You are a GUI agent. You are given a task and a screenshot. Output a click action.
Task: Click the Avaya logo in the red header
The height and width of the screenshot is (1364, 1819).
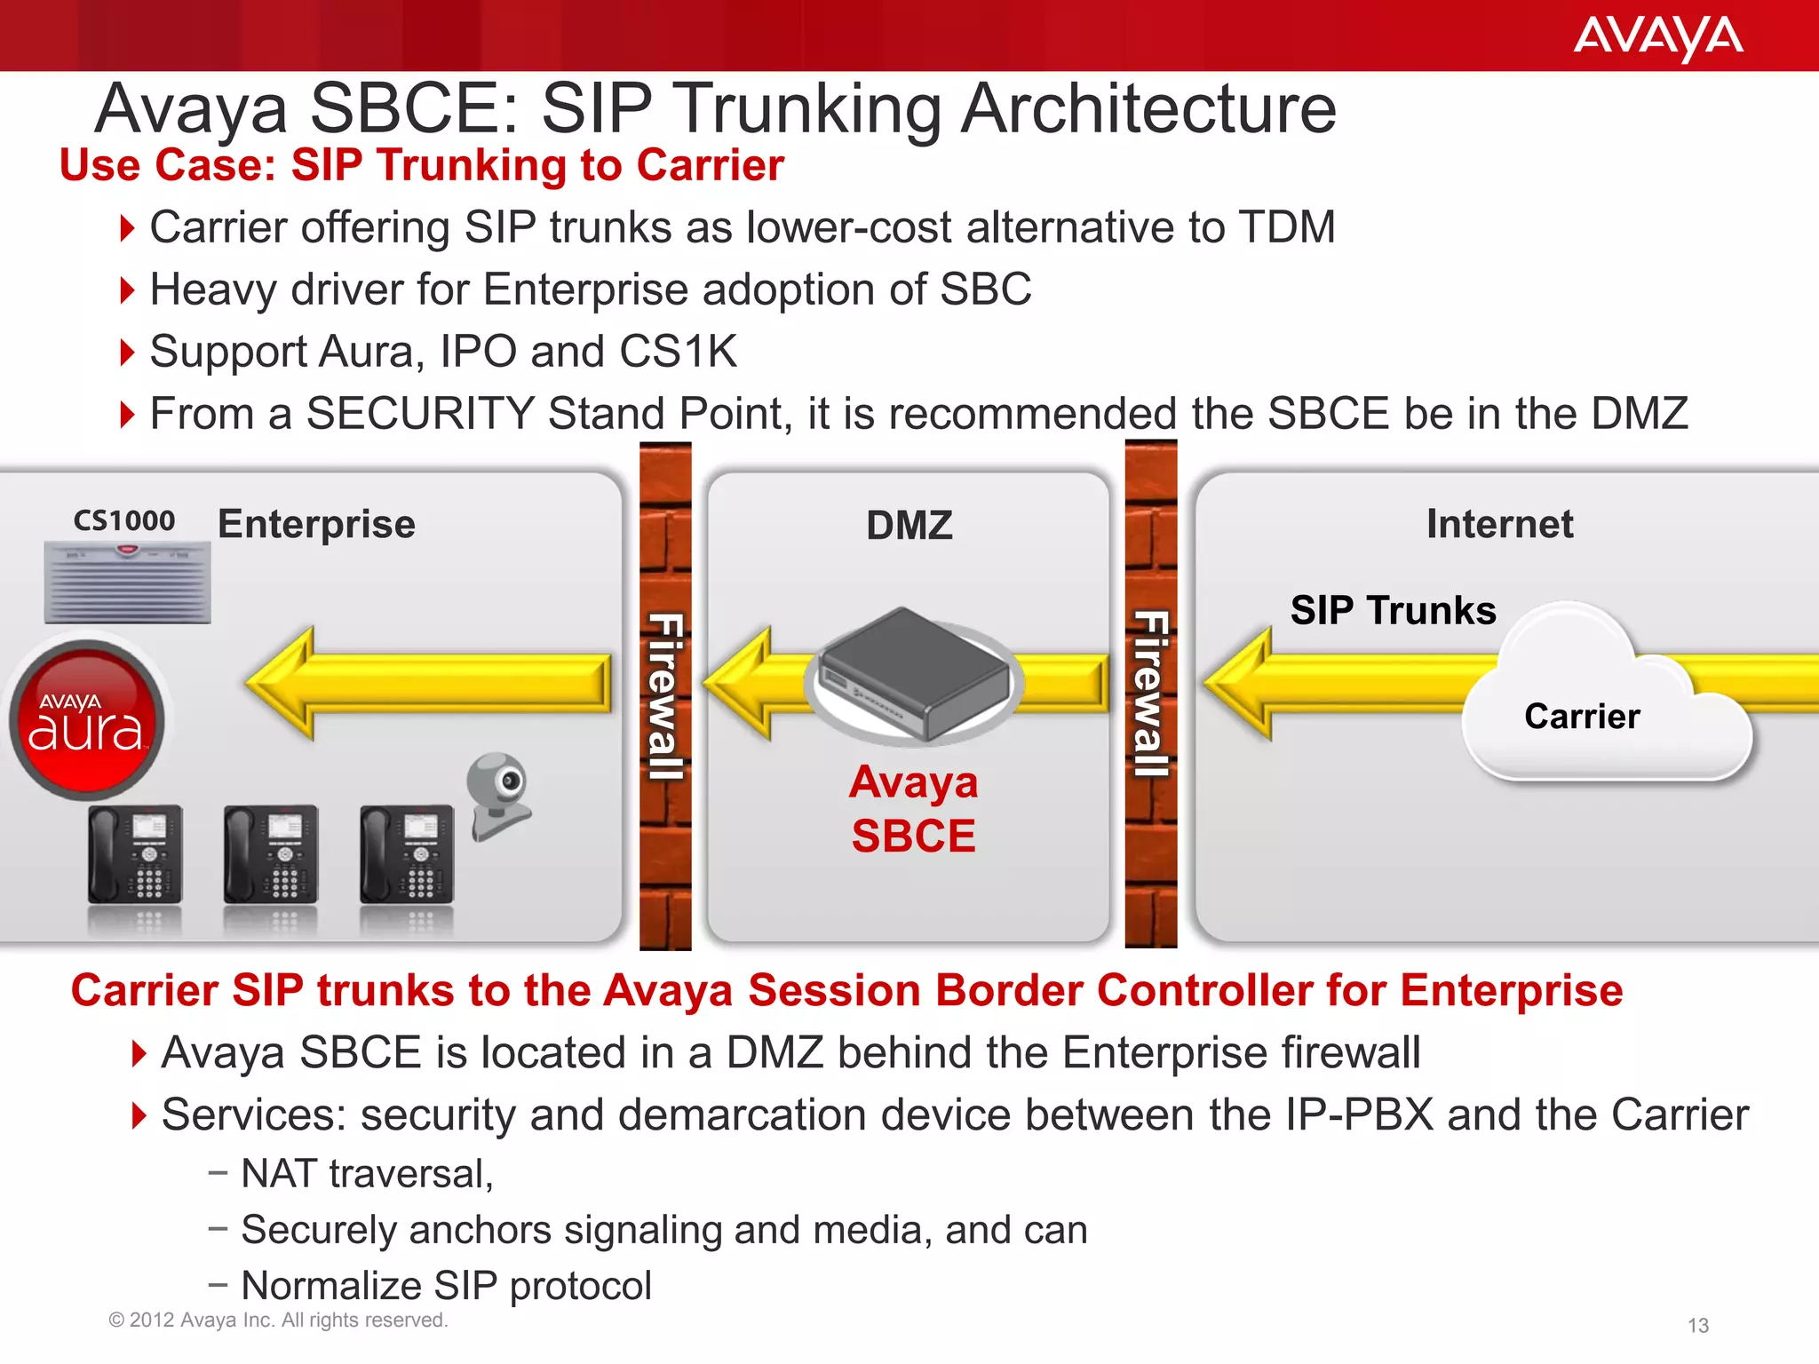[1657, 37]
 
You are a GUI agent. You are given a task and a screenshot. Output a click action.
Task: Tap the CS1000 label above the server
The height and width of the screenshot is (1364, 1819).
[124, 520]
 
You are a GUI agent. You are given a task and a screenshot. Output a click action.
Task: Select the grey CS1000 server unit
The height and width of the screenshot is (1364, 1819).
[127, 583]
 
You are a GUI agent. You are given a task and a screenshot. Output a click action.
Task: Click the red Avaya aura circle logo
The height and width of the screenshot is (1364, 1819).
[86, 719]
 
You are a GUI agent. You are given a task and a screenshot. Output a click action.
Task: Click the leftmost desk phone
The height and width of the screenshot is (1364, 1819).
[135, 854]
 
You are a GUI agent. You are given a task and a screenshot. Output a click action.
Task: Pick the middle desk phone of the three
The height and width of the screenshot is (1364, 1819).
[271, 854]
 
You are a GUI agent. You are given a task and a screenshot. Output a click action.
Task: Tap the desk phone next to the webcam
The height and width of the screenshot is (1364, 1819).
[407, 854]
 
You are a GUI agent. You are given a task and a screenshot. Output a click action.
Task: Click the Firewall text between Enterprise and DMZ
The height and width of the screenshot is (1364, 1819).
[665, 696]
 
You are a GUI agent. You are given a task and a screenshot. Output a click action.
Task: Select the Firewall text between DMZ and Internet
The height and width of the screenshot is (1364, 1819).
[1151, 694]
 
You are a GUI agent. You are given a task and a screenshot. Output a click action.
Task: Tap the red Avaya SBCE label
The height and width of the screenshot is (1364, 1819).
[913, 809]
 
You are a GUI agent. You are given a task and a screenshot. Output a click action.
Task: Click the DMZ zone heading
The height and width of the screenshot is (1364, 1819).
[909, 526]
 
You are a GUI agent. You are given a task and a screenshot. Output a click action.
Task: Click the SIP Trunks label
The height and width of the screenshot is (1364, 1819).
[1393, 611]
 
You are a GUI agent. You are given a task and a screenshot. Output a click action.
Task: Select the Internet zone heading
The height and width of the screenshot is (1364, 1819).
[1499, 524]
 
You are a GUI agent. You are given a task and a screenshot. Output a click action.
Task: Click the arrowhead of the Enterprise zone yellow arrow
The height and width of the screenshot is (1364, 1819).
[282, 683]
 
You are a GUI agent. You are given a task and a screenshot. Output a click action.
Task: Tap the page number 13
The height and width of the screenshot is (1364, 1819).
[1697, 1326]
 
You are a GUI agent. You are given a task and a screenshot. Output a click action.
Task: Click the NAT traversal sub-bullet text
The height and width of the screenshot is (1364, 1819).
[367, 1174]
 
